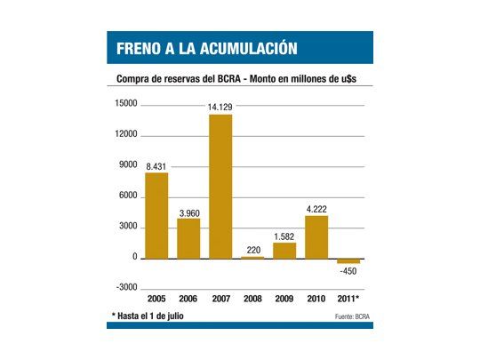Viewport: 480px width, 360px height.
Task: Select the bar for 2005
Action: [156, 215]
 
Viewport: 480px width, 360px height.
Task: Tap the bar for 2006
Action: [188, 238]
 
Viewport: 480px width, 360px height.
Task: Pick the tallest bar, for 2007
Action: [220, 187]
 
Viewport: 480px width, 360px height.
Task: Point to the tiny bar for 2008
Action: [252, 257]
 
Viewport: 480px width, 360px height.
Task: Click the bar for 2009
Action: [284, 250]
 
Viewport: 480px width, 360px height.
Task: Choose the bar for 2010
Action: [316, 236]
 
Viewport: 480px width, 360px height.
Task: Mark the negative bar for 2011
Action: [348, 261]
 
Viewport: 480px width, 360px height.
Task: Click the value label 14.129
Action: [220, 107]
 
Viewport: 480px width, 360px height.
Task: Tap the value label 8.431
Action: [156, 165]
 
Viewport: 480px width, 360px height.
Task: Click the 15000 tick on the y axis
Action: [126, 105]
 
